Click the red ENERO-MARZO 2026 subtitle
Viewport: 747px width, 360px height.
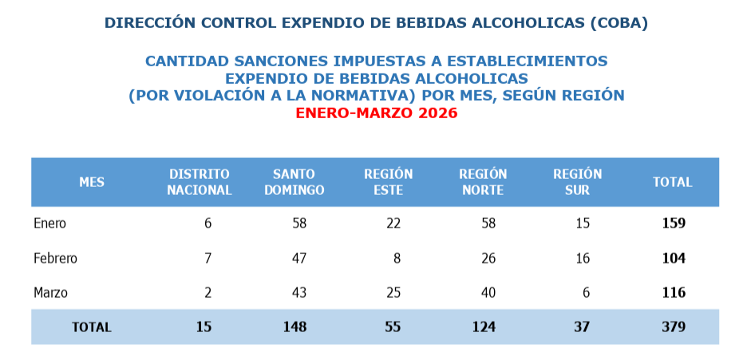[x=376, y=113]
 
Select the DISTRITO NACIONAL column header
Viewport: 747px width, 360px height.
[x=199, y=182]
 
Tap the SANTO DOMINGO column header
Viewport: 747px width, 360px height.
[x=294, y=182]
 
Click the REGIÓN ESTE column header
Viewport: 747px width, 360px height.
[x=388, y=182]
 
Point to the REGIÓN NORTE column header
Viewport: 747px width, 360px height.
[x=483, y=182]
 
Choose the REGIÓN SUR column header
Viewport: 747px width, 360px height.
[x=577, y=182]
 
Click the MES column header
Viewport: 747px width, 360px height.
[x=92, y=182]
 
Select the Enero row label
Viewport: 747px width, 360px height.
[x=49, y=224]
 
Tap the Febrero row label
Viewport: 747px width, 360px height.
[x=55, y=259]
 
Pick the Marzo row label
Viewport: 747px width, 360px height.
[x=50, y=293]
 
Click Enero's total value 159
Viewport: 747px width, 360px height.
[x=674, y=224]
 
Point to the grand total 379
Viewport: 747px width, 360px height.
[x=674, y=326]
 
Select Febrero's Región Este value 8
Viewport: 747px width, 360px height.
[x=397, y=259]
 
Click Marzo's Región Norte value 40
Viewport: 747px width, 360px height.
[x=488, y=293]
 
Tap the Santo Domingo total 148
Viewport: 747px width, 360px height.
[x=294, y=326]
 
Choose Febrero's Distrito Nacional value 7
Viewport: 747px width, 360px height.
[x=207, y=259]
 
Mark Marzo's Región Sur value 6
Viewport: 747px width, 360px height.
[x=586, y=293]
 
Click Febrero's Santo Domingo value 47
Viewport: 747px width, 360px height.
[x=299, y=259]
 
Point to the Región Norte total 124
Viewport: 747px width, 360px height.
[x=483, y=326]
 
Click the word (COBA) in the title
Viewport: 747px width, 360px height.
[x=619, y=23]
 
